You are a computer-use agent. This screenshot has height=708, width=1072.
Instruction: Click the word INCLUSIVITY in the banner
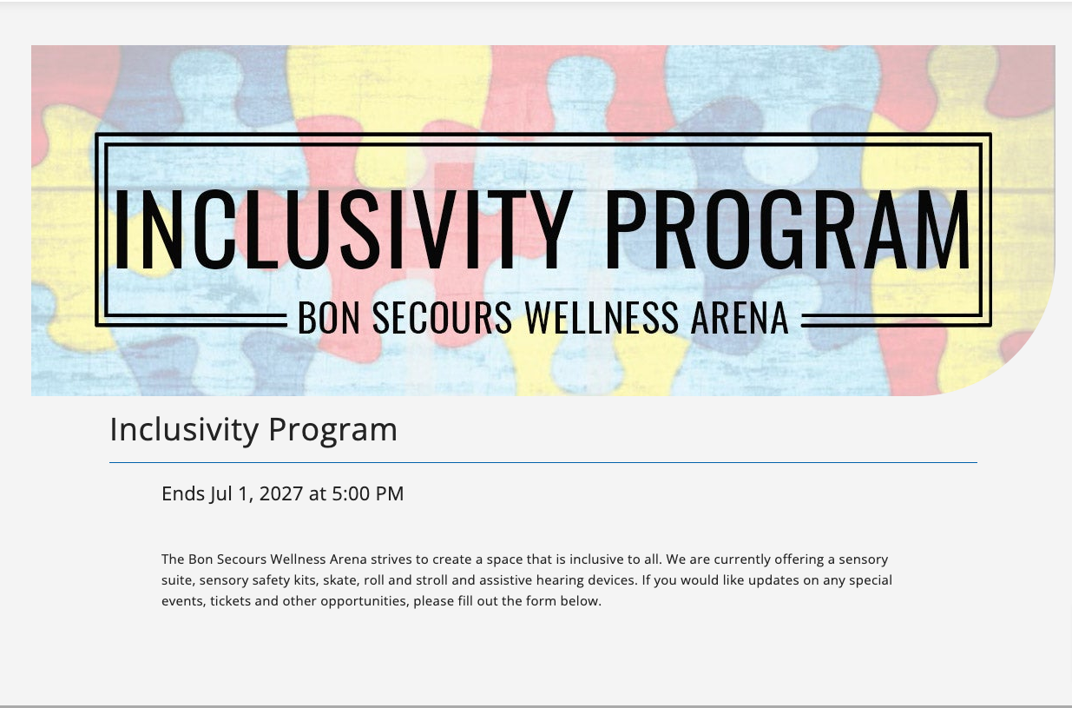[x=344, y=229]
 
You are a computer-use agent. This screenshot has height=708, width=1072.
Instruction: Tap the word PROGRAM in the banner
[x=788, y=229]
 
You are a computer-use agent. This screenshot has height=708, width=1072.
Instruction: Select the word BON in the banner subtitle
[x=329, y=317]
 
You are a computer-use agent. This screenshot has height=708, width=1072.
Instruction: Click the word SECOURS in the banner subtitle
[x=442, y=317]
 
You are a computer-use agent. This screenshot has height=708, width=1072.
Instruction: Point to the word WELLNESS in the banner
[x=602, y=317]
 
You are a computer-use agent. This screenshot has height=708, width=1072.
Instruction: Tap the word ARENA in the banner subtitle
[x=740, y=317]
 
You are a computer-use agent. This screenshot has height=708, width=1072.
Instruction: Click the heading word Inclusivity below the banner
[x=184, y=429]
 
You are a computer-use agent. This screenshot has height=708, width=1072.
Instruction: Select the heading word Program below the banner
[x=333, y=430]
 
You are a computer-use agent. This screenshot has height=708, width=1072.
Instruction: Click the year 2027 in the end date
[x=281, y=493]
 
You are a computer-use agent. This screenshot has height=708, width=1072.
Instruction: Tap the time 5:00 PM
[x=367, y=493]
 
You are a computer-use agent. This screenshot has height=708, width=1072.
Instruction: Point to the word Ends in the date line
[x=183, y=493]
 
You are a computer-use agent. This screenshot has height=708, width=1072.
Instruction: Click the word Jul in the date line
[x=221, y=494]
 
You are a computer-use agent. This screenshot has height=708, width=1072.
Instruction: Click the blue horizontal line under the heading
[x=543, y=463]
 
